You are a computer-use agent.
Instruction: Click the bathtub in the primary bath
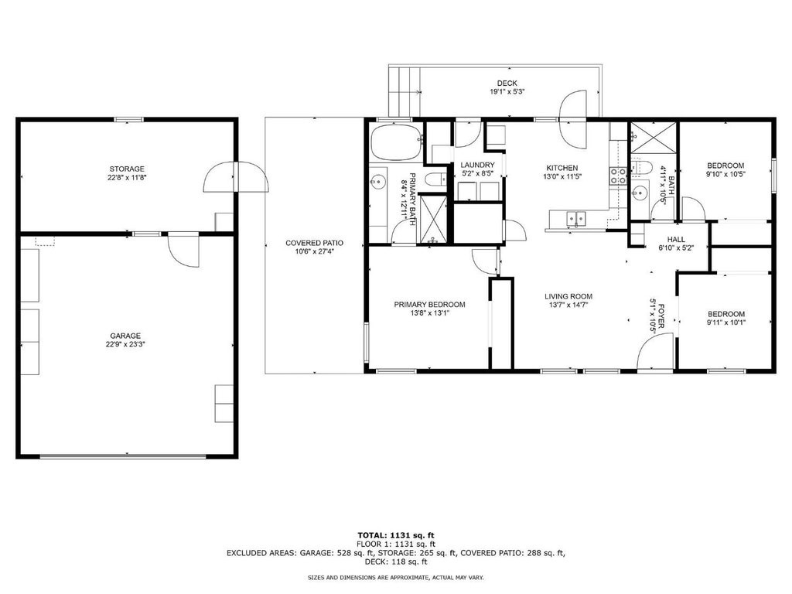(396, 143)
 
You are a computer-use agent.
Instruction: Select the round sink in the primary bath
(377, 180)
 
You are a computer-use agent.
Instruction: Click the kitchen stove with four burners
(618, 176)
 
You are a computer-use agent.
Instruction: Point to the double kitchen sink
(576, 219)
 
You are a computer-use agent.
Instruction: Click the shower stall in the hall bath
(653, 136)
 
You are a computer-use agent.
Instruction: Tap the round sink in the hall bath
(640, 192)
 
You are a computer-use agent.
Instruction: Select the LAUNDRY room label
(477, 165)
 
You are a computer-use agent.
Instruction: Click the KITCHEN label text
(562, 168)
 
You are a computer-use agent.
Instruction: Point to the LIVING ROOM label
(568, 296)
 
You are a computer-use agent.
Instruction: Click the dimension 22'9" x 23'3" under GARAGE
(125, 344)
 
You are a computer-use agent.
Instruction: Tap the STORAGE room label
(127, 169)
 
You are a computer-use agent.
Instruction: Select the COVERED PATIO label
(314, 243)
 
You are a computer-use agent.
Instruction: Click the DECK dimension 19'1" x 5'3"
(507, 92)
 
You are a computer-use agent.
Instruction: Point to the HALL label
(676, 240)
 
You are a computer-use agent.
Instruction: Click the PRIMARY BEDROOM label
(429, 305)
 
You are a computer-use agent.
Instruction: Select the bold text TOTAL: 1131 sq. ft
(396, 535)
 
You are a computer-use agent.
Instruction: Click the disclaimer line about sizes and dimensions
(396, 577)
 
